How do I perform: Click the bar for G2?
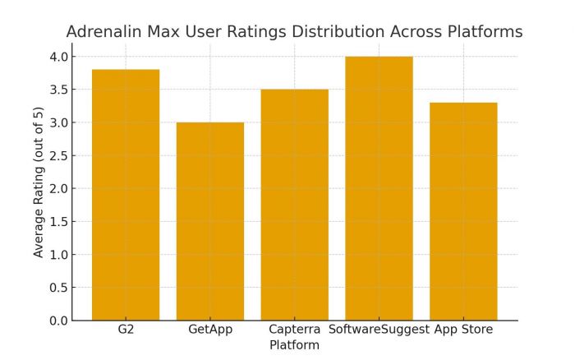pyautogui.click(x=126, y=195)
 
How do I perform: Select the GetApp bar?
pyautogui.click(x=210, y=221)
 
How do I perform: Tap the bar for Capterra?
pyautogui.click(x=294, y=205)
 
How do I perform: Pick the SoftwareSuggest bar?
pyautogui.click(x=379, y=188)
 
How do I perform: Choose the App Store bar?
pyautogui.click(x=463, y=211)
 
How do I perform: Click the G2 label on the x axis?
pyautogui.click(x=126, y=330)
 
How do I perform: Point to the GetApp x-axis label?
pyautogui.click(x=210, y=330)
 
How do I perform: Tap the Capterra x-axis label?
pyautogui.click(x=294, y=330)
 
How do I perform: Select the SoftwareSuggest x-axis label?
pyautogui.click(x=379, y=330)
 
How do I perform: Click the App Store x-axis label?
pyautogui.click(x=463, y=330)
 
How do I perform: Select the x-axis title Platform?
pyautogui.click(x=294, y=345)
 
